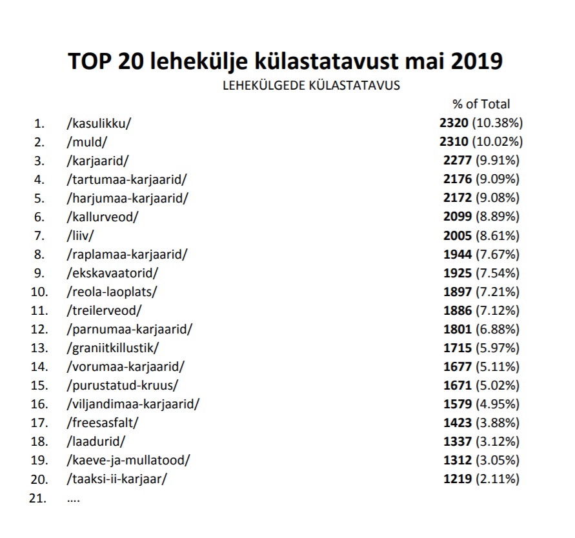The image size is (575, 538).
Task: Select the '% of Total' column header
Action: pos(481,104)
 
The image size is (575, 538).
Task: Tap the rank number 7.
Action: pos(40,235)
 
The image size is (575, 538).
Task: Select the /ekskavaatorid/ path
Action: pos(112,272)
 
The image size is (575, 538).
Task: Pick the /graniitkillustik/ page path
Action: pos(112,348)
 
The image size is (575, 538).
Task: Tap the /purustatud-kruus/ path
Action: pos(122,385)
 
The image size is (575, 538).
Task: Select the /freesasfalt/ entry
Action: pos(103,423)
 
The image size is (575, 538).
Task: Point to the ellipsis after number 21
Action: pos(73,498)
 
